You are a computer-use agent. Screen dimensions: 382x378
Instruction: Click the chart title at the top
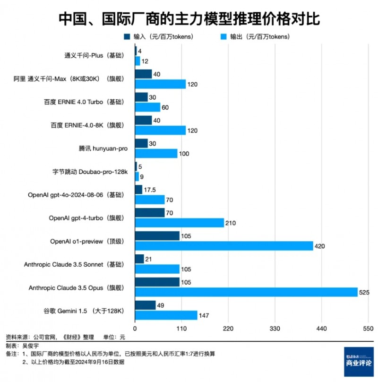(x=189, y=18)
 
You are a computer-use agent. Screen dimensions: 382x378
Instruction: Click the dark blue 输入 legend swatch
(x=127, y=36)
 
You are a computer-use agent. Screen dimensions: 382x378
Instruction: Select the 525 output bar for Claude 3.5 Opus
(x=246, y=292)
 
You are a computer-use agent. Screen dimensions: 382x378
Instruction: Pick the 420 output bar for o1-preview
(x=224, y=246)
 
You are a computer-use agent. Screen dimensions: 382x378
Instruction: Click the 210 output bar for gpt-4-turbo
(x=180, y=223)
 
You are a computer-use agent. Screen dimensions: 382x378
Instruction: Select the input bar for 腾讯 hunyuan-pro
(x=141, y=144)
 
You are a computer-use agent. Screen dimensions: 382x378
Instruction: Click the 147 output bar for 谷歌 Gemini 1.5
(x=166, y=315)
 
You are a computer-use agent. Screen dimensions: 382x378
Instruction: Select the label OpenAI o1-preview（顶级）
(x=87, y=241)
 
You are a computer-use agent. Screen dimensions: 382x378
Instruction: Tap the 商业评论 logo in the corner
(x=359, y=362)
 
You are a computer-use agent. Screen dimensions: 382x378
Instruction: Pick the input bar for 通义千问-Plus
(x=136, y=51)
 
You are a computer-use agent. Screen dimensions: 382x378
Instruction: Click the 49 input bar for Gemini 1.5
(x=145, y=305)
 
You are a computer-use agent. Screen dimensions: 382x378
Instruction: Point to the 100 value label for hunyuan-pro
(x=185, y=153)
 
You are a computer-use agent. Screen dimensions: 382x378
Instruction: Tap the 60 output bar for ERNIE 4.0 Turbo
(x=147, y=107)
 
